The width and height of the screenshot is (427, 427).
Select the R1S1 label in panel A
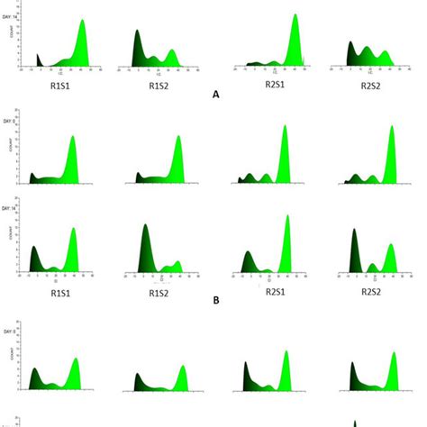coord(60,86)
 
